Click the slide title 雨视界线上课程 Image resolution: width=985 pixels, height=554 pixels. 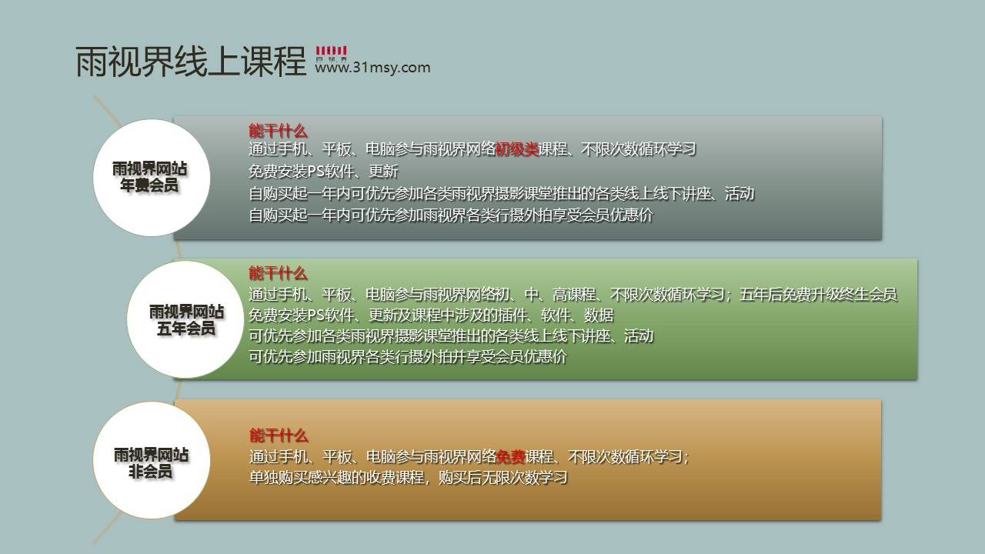pos(191,62)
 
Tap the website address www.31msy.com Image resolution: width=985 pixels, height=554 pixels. pos(372,68)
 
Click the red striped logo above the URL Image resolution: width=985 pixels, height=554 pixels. pos(331,51)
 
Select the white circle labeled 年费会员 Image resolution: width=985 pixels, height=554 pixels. pos(152,178)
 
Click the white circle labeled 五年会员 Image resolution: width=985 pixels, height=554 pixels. pos(185,319)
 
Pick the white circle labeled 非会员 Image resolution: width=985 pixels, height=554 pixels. pos(152,460)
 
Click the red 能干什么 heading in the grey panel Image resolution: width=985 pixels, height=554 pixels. pos(278,131)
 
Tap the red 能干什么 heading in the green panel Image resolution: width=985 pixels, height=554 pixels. pos(278,273)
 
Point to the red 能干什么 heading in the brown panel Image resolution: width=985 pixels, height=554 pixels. pos(279,436)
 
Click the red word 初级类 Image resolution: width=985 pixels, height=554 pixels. pos(517,149)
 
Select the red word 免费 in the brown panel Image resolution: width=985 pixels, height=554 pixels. pos(510,457)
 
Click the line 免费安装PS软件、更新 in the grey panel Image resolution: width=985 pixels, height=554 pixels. pos(323,171)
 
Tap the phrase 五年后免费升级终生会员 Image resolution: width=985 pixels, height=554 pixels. pos(818,294)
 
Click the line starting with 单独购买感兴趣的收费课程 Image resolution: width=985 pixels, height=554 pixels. pos(409,478)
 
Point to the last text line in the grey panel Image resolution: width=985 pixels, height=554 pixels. pos(451,215)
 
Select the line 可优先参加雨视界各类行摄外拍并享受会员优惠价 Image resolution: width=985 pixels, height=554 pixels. pos(408,356)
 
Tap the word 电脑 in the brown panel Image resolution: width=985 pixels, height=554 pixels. pos(381,457)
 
